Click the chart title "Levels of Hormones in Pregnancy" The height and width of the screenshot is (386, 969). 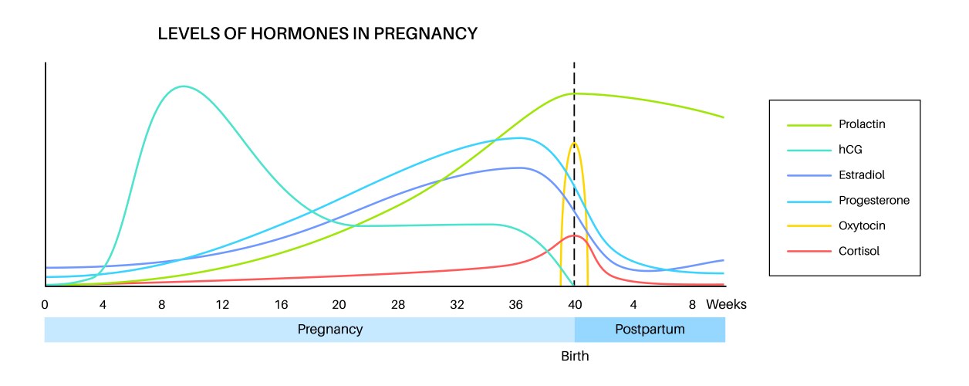tap(318, 34)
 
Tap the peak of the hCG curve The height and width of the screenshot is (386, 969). tap(183, 86)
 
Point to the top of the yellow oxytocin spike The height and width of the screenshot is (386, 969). tap(574, 144)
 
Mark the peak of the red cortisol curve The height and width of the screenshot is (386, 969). tap(573, 235)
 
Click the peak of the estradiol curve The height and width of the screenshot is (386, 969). tap(520, 168)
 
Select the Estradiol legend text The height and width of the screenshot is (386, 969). tap(859, 175)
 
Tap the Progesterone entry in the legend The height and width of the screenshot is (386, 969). tap(874, 200)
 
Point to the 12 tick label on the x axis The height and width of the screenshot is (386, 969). tap(222, 304)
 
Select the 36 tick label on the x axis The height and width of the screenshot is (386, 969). tap(516, 304)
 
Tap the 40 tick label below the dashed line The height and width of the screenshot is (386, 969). tap(575, 304)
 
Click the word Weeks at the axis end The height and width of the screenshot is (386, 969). tap(727, 304)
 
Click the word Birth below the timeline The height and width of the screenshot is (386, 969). tap(575, 357)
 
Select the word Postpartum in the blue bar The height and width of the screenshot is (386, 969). tap(650, 329)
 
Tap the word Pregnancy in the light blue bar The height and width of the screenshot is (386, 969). tap(330, 329)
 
